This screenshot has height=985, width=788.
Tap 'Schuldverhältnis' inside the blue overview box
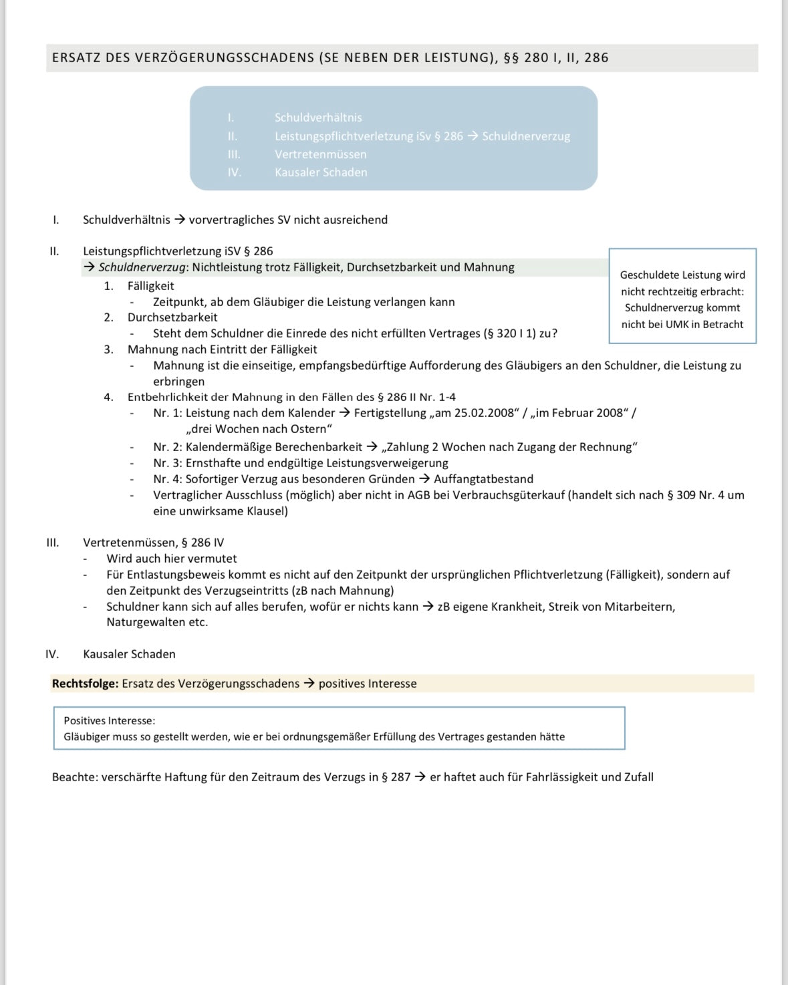tap(318, 118)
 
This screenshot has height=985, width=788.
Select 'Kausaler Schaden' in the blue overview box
tap(321, 172)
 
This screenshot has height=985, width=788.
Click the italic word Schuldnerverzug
tap(142, 267)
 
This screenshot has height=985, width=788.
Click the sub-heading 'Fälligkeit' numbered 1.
tap(151, 286)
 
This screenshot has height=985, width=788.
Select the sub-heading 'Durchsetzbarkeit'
tap(172, 317)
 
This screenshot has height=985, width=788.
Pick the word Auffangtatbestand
tap(484, 479)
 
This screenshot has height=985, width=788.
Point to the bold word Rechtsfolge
tap(85, 684)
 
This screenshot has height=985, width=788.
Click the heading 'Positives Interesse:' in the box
tap(110, 720)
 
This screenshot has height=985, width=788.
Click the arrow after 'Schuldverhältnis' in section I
tap(180, 220)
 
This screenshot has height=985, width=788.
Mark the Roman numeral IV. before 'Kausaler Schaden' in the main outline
tap(52, 654)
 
